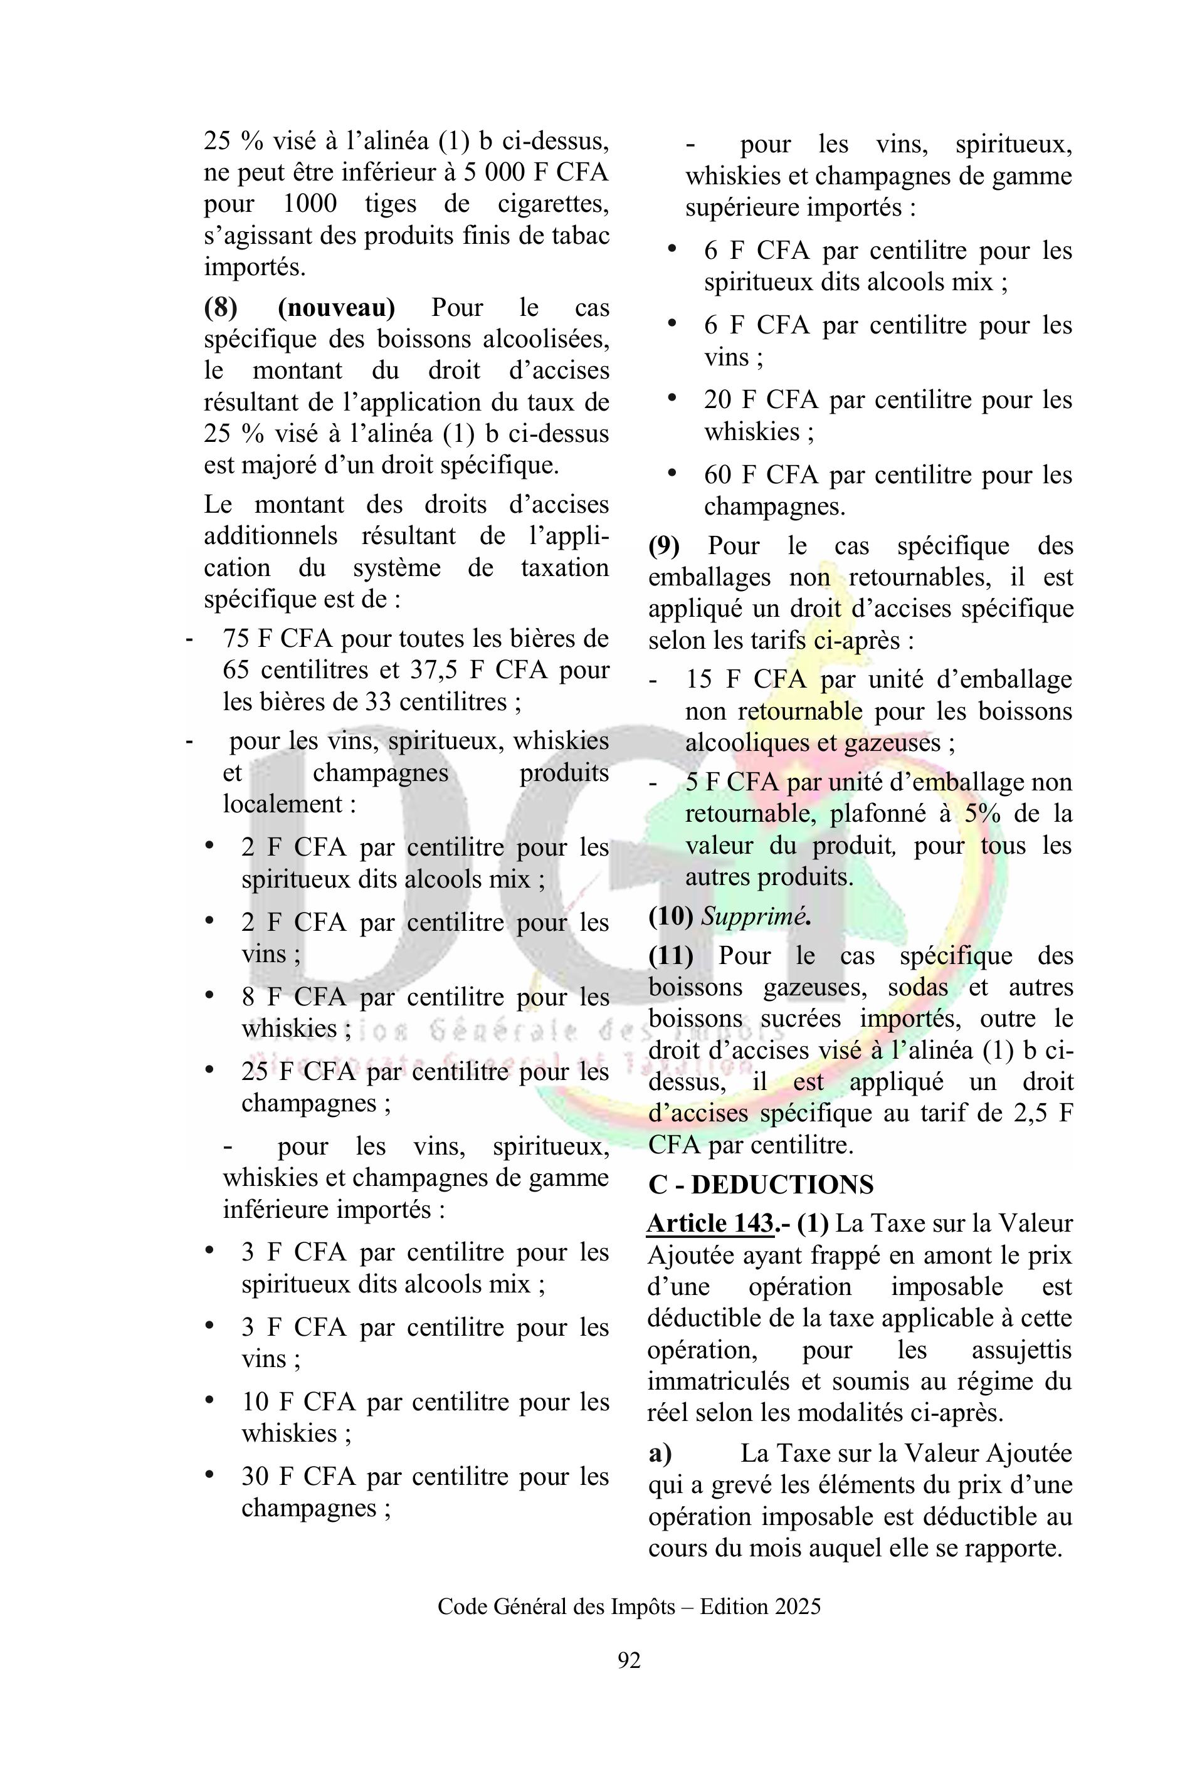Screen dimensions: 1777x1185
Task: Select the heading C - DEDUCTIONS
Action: point(761,1184)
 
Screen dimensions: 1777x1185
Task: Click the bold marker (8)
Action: point(221,308)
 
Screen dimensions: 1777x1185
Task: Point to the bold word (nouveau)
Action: point(336,308)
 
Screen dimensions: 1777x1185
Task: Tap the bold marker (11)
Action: point(670,956)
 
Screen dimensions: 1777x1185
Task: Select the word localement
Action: point(283,803)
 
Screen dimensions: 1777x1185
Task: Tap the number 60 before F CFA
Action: point(717,474)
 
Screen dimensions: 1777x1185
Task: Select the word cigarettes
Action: point(552,204)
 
